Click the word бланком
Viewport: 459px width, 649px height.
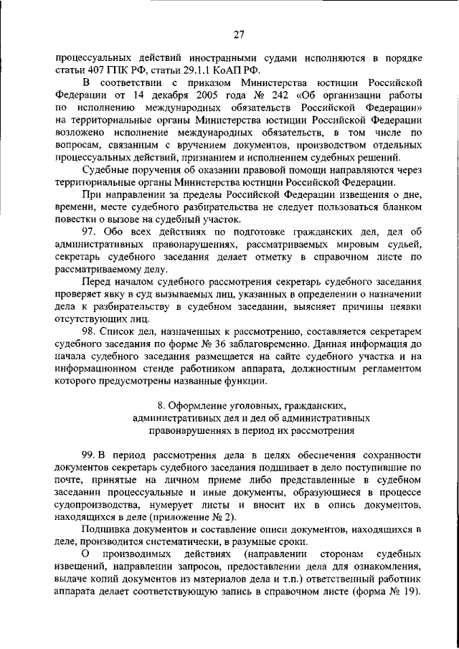pyautogui.click(x=402, y=208)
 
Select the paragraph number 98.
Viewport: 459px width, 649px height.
pyautogui.click(x=90, y=330)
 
